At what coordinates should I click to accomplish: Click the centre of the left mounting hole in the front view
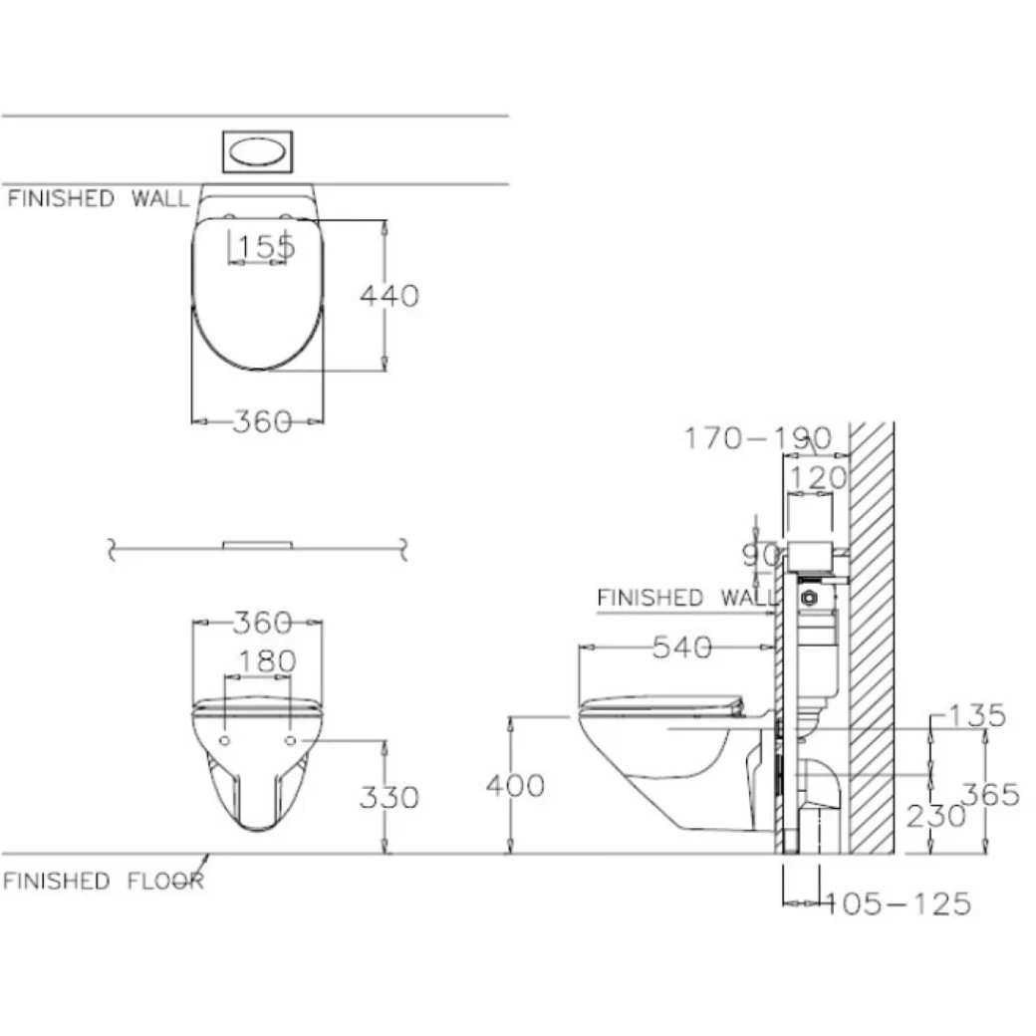coord(225,741)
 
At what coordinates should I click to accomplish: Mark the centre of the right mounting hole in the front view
coord(290,741)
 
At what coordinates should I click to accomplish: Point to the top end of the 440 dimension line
coord(385,220)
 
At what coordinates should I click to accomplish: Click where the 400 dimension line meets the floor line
coord(510,854)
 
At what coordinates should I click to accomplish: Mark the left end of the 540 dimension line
coord(579,647)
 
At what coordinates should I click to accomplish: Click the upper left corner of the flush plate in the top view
coord(223,131)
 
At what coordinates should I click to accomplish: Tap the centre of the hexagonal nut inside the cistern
coord(809,598)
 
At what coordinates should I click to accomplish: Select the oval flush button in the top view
coord(258,151)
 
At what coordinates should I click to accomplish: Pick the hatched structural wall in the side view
coord(872,638)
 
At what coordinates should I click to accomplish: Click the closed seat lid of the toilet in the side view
coord(661,705)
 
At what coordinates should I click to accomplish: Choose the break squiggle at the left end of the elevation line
coord(112,549)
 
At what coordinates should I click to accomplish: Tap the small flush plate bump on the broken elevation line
coord(258,545)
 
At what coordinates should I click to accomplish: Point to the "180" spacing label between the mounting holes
coord(267,661)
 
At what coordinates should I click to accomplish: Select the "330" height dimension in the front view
coord(389,798)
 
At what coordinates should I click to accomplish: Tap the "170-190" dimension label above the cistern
coord(758,438)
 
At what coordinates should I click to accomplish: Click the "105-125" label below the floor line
coord(899,904)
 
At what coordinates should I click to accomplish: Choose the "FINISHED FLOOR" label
coord(104,881)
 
